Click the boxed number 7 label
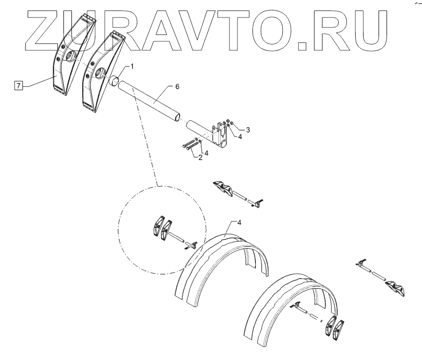tap(18, 86)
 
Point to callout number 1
tap(133, 66)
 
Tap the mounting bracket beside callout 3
tap(219, 134)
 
